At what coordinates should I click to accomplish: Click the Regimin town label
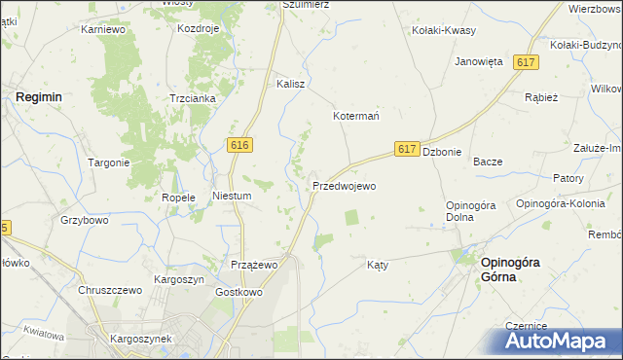[39, 97]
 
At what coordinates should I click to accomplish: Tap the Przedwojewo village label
[344, 185]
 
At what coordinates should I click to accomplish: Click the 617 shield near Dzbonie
[408, 149]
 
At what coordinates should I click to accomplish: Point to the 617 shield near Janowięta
[527, 62]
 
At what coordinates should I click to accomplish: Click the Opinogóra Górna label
[513, 270]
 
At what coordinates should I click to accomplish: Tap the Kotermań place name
[356, 116]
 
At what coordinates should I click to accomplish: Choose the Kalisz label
[291, 84]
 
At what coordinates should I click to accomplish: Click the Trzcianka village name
[191, 98]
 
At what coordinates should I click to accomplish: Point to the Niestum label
[233, 196]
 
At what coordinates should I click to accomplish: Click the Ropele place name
[179, 197]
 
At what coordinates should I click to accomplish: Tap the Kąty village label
[379, 265]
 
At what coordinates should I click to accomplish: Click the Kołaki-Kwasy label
[444, 30]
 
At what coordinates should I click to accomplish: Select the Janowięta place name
[479, 61]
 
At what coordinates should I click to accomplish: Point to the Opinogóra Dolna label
[472, 210]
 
